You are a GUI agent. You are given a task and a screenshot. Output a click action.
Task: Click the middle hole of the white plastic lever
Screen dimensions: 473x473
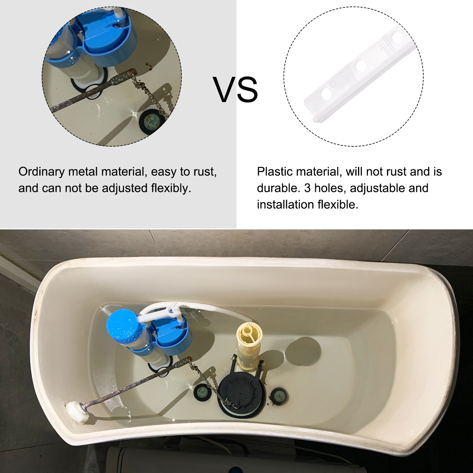[361, 65]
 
